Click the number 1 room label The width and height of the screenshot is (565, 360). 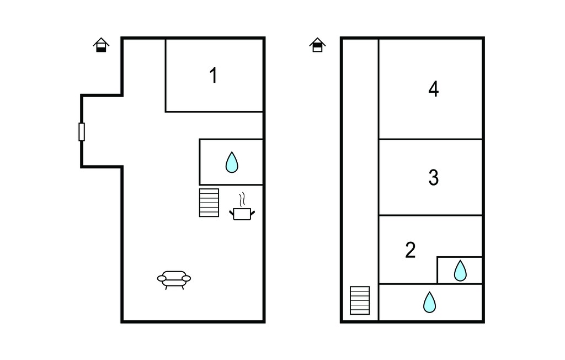pos(214,76)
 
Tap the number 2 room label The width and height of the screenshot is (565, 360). pos(411,250)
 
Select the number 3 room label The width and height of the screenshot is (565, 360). pos(434,177)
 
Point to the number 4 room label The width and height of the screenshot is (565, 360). pos(434,89)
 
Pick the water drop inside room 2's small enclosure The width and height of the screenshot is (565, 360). pos(460,271)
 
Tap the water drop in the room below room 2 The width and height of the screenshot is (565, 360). pos(429,302)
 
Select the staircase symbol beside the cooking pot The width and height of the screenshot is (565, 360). pos(209,203)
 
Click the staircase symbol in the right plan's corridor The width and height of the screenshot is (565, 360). pos(360,300)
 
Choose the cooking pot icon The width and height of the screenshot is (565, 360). pos(242,214)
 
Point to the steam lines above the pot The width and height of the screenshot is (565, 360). pos(242,199)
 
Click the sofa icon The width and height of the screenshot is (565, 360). pos(174,280)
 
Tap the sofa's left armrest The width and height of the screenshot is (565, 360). pos(162,278)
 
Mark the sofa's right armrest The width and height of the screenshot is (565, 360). pos(186,278)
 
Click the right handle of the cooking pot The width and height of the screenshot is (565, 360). pos(253,213)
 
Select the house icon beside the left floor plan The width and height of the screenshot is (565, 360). pos(102,45)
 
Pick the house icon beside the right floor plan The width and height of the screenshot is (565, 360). pos(317,45)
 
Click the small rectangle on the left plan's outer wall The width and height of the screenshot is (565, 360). pos(82,131)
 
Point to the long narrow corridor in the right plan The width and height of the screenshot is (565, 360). pos(360,162)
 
